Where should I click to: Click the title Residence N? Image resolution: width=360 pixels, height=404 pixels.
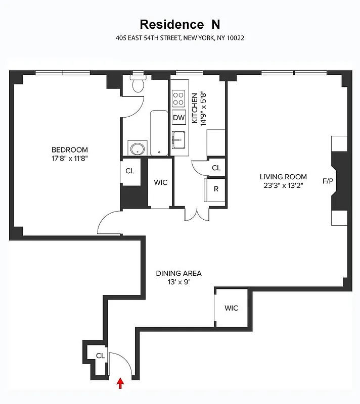(179, 24)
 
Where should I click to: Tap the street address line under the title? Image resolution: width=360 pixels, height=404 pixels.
(179, 38)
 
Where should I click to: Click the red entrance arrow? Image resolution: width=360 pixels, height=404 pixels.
(120, 383)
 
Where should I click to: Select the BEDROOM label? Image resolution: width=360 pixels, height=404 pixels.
(70, 149)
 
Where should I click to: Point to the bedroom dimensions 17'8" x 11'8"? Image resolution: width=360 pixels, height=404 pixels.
(70, 158)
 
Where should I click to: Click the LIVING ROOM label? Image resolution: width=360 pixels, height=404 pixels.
(283, 177)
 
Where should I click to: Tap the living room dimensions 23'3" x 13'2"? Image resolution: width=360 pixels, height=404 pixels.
(283, 185)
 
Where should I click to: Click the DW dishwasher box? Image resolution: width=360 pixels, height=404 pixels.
(179, 118)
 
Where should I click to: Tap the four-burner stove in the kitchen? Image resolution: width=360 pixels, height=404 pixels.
(178, 97)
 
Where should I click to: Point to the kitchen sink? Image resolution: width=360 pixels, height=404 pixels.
(178, 139)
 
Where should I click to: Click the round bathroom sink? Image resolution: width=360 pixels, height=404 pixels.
(137, 149)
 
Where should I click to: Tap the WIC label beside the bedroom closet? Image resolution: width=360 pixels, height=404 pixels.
(160, 182)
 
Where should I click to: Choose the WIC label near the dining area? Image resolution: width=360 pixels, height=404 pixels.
(231, 308)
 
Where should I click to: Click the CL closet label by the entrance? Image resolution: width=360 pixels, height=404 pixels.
(100, 356)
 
